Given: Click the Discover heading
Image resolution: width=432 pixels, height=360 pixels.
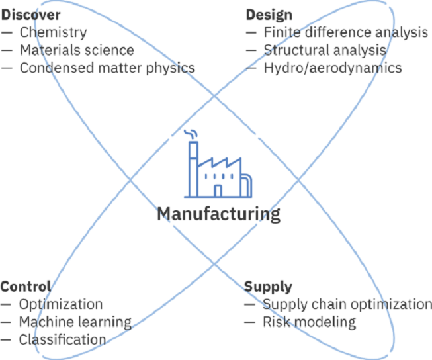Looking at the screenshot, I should point(30,14).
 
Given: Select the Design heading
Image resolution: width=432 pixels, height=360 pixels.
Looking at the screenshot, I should point(269,14).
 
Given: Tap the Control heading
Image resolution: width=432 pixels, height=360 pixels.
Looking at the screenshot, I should point(26,287).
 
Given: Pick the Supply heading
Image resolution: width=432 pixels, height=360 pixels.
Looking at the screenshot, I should point(268,287).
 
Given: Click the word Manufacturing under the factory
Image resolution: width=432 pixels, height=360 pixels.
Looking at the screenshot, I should point(218,214).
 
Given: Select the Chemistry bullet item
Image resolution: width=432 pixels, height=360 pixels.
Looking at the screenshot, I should point(53,32).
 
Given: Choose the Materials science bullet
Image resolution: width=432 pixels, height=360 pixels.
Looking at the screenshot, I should point(76,50).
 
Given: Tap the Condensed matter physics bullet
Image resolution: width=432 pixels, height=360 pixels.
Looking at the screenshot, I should point(107,67).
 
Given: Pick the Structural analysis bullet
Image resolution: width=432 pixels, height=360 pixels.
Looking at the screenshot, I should point(325,50).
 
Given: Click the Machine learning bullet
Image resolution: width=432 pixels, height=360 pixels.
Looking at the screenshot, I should point(75,322).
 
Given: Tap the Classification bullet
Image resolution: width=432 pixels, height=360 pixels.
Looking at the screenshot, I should point(62,340).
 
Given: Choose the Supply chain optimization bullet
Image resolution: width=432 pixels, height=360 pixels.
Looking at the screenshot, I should point(347,304).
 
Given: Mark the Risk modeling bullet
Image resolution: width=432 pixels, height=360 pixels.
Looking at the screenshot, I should point(309,322).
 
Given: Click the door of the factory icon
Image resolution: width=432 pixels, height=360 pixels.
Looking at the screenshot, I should point(218,191).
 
